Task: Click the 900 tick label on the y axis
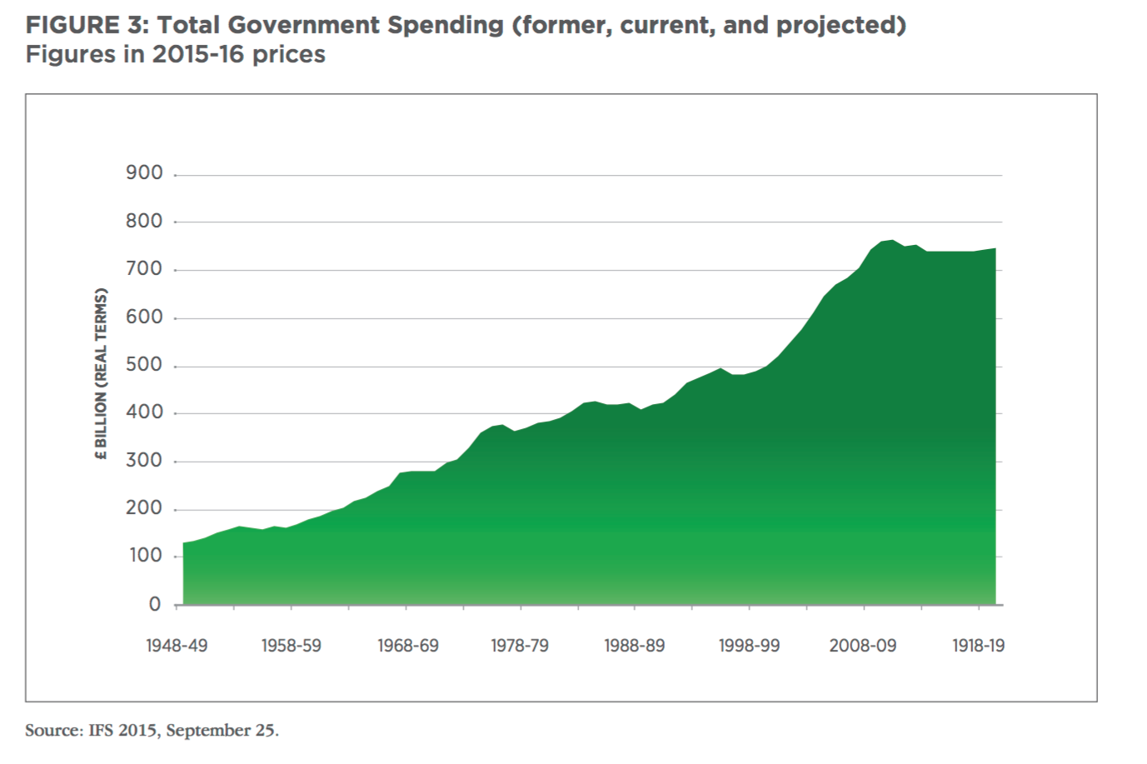tap(144, 173)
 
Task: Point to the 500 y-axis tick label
tap(144, 365)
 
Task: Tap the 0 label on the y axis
tap(155, 604)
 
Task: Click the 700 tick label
tap(144, 269)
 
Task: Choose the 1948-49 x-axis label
tap(177, 646)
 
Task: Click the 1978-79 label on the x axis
tap(520, 646)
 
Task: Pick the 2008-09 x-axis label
tap(863, 646)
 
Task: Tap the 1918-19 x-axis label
tap(978, 646)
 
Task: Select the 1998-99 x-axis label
tap(749, 646)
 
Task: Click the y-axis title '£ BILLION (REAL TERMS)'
tap(102, 374)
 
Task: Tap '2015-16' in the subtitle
tap(199, 55)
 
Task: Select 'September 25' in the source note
tap(220, 731)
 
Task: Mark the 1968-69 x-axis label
tap(407, 646)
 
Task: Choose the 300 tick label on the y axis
tap(144, 461)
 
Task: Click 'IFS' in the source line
tap(101, 731)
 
